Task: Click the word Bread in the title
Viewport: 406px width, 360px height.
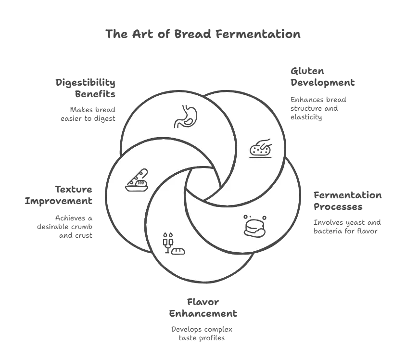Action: pyautogui.click(x=192, y=34)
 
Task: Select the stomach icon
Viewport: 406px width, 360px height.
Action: pyautogui.click(x=186, y=116)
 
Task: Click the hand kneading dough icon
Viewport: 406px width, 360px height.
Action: pyautogui.click(x=261, y=148)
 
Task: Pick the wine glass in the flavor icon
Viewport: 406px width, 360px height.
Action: pyautogui.click(x=168, y=244)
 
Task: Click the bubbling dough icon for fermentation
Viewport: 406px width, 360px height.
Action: pyautogui.click(x=255, y=226)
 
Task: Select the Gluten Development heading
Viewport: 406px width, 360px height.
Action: pyautogui.click(x=323, y=77)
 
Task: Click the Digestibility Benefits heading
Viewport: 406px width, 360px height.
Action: pyautogui.click(x=86, y=88)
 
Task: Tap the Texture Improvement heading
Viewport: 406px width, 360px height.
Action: pyautogui.click(x=59, y=195)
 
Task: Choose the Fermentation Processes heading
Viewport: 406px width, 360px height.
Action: pyautogui.click(x=347, y=201)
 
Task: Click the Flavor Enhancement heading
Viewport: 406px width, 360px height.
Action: pyautogui.click(x=203, y=308)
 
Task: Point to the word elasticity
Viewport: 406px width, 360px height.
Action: pyautogui.click(x=306, y=117)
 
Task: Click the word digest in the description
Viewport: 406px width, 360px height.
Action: pyautogui.click(x=104, y=119)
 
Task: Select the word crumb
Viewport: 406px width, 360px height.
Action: pyautogui.click(x=82, y=227)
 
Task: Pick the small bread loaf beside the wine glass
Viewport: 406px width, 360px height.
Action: pyautogui.click(x=178, y=251)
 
